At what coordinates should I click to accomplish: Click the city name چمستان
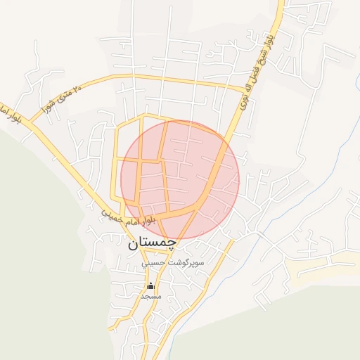point(152,245)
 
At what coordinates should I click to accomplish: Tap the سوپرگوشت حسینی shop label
point(173,263)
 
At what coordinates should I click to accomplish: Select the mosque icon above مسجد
point(150,286)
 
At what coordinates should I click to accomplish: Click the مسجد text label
point(150,297)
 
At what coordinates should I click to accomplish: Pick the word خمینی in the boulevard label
point(114,214)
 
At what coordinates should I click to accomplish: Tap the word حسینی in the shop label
point(155,264)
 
